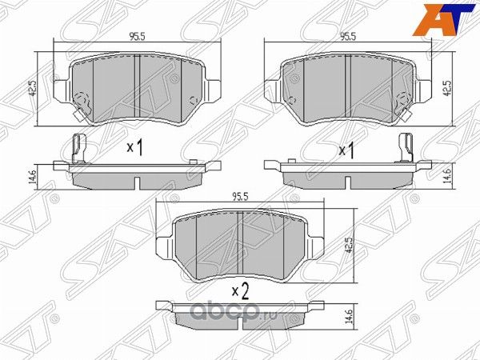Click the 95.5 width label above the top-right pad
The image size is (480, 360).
[x=347, y=36]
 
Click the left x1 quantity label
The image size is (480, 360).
[x=134, y=148]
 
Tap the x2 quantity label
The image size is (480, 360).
[x=240, y=290]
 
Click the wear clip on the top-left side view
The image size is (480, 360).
[x=77, y=149]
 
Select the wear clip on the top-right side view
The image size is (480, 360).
[x=406, y=149]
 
